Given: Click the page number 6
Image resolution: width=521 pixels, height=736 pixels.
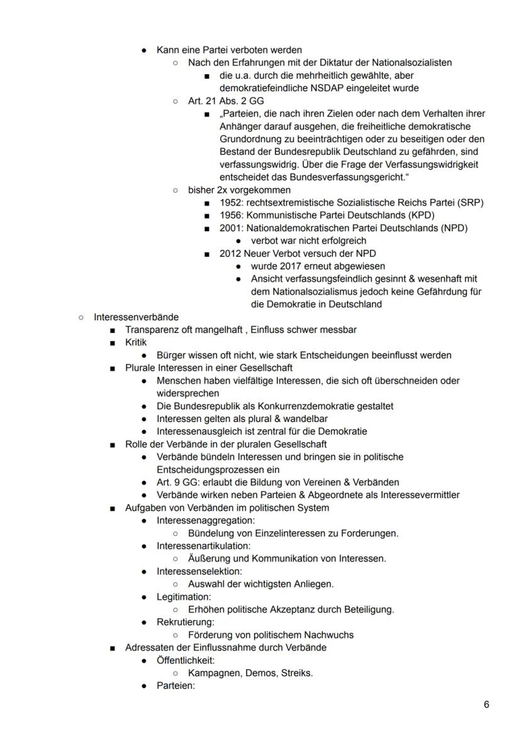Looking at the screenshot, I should click(486, 705).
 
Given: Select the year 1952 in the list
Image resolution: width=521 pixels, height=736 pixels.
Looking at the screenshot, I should click(231, 203).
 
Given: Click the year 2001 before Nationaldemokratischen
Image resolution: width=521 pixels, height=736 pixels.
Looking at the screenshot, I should click(231, 228).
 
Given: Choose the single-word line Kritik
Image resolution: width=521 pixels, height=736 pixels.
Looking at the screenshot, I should click(136, 342).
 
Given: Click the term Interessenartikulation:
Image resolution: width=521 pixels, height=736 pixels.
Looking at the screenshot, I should click(203, 546).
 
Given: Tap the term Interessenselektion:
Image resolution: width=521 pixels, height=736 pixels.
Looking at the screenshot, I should click(199, 571).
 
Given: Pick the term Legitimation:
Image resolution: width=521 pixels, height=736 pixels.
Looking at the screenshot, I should click(184, 596).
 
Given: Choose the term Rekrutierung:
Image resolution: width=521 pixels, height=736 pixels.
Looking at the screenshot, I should click(186, 622).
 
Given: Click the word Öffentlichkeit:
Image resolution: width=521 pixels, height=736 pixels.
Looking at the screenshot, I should click(186, 660).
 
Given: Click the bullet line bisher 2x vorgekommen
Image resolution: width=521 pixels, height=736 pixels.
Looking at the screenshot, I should click(239, 190).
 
